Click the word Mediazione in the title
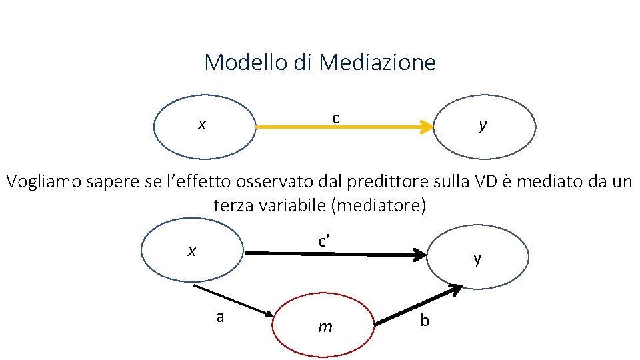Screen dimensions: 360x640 [x=377, y=62]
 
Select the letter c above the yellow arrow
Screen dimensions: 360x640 [x=337, y=118]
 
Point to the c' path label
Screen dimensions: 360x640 [x=325, y=241]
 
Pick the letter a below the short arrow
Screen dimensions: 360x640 [x=220, y=317]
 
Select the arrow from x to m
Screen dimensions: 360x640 [x=233, y=300]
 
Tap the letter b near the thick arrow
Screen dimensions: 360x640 [x=425, y=321]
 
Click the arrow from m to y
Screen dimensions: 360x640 [x=419, y=305]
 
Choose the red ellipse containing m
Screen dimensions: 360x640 [x=325, y=326]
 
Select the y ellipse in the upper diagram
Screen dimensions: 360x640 [x=485, y=127]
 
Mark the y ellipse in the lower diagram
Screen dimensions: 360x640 [x=477, y=257]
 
